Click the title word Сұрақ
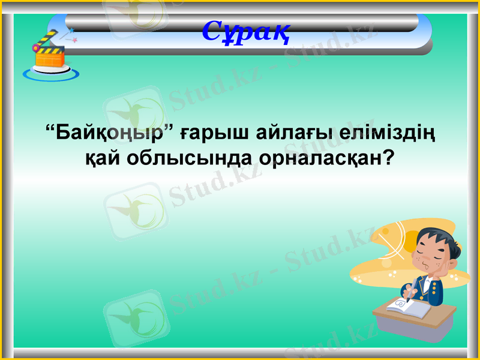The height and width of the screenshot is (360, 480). pos(247,31)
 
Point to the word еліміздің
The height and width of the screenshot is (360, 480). pos(383,131)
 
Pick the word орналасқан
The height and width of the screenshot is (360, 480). pos(314,158)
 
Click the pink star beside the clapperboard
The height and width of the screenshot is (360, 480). pos(74,40)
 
